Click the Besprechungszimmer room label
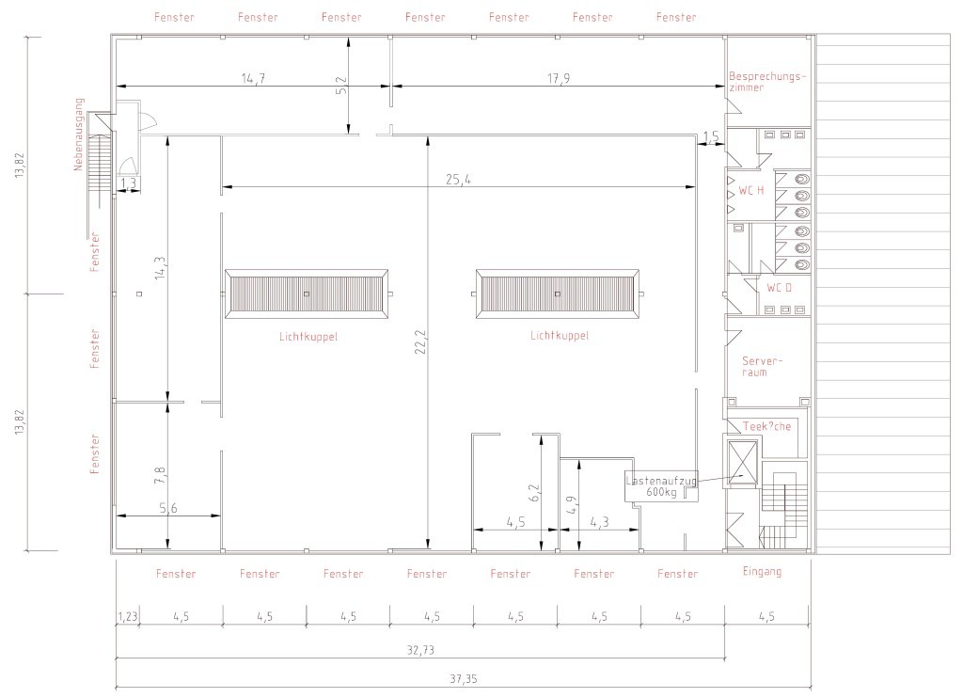click(768, 81)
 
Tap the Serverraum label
click(762, 366)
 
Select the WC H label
click(750, 191)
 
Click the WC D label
click(780, 287)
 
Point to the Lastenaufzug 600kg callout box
click(661, 486)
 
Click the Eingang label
click(762, 571)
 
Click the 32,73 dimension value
click(420, 649)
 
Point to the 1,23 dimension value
click(128, 617)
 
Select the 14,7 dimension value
click(252, 78)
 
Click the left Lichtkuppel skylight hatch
click(307, 294)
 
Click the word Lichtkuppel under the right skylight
click(559, 335)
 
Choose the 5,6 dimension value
click(168, 508)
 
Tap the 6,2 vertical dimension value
click(533, 492)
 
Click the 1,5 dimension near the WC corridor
click(711, 137)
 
